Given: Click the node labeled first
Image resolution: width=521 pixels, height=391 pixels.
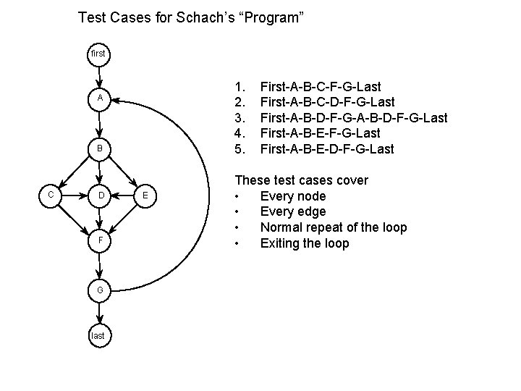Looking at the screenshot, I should (99, 54).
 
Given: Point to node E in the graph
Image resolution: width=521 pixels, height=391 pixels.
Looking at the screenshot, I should (145, 195).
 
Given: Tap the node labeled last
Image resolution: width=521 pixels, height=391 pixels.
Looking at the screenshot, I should (99, 335).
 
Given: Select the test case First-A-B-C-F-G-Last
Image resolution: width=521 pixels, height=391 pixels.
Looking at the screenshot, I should (321, 86).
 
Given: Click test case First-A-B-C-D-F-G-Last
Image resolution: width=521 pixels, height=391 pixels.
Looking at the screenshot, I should (327, 102).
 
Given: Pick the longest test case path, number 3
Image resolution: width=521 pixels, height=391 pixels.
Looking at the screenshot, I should (353, 117).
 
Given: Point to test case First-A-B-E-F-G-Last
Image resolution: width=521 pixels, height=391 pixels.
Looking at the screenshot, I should (321, 133).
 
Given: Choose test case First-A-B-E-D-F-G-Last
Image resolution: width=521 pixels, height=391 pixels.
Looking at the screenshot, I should (327, 149).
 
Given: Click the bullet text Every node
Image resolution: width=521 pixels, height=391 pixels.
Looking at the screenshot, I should (292, 196).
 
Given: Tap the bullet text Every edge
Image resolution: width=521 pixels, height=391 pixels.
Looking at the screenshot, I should (292, 211).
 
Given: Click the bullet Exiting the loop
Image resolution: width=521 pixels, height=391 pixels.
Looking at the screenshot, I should (304, 243).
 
